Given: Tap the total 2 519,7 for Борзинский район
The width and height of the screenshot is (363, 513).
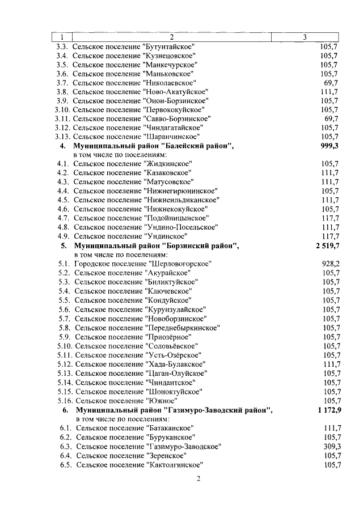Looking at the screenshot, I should coord(324,246).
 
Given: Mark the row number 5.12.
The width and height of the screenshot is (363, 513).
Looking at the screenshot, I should coord(65,364).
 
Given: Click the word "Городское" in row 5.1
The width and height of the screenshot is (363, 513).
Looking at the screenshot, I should coord(92,264).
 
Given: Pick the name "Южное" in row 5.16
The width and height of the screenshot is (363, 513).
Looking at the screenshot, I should coord(160,400).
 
